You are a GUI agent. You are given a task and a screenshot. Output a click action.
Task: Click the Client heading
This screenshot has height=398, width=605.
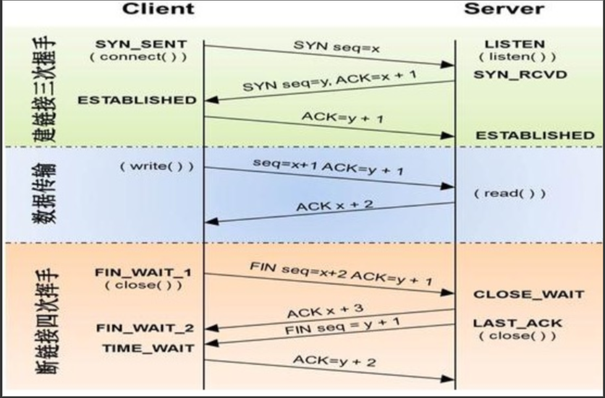(x=158, y=9)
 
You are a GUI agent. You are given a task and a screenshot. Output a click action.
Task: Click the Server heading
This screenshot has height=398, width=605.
(x=504, y=9)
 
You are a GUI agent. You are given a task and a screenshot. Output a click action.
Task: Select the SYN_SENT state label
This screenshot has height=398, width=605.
(x=140, y=45)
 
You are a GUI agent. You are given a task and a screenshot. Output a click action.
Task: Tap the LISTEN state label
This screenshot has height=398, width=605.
(x=515, y=45)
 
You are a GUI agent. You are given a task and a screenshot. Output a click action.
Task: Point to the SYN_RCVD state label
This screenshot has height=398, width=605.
(x=520, y=75)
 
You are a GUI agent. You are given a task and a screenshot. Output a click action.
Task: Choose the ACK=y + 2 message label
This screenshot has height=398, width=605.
(x=334, y=360)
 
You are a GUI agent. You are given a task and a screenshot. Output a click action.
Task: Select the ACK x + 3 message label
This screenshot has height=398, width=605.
(x=325, y=311)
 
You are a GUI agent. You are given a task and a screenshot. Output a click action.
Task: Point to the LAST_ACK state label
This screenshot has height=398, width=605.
(x=517, y=323)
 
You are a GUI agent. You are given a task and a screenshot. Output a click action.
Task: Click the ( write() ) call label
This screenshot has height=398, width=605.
(x=157, y=166)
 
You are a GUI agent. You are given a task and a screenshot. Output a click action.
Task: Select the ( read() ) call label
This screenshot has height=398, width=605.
(x=509, y=194)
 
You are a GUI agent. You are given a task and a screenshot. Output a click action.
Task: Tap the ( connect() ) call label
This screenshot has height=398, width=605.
(x=137, y=57)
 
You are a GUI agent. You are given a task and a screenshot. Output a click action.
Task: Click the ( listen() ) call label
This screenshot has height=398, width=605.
(x=517, y=57)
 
